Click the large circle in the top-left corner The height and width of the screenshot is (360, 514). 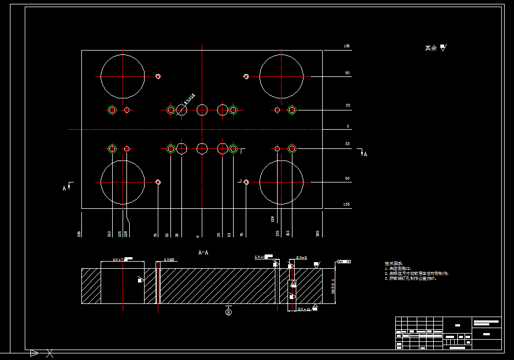pos(123,76)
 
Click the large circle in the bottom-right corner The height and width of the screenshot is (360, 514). pos(281,182)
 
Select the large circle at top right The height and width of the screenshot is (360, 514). pos(281,76)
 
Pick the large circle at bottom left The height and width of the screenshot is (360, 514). pos(123,182)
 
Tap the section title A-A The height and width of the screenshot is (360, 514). pos(203,252)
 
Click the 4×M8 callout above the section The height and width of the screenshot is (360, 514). pos(169,259)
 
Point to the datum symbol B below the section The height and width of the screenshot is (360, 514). pos(229,312)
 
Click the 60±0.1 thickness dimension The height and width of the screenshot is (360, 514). pos(333,286)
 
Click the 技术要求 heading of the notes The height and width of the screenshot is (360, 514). pos(394,264)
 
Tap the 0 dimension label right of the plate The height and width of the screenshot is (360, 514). pos(347,126)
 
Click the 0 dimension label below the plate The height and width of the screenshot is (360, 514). pos(197,236)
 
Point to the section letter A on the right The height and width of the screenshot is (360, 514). pos(365,154)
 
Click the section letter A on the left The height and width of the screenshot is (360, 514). pos(64,188)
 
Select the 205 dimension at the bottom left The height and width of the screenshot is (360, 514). pos(80,234)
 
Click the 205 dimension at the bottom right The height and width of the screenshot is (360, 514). pos(317,234)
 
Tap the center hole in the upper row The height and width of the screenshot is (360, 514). pos(202,110)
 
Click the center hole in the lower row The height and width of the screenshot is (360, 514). pos(202,148)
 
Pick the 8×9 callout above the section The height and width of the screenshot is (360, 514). pos(301,257)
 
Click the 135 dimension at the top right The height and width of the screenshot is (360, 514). pos(346,46)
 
